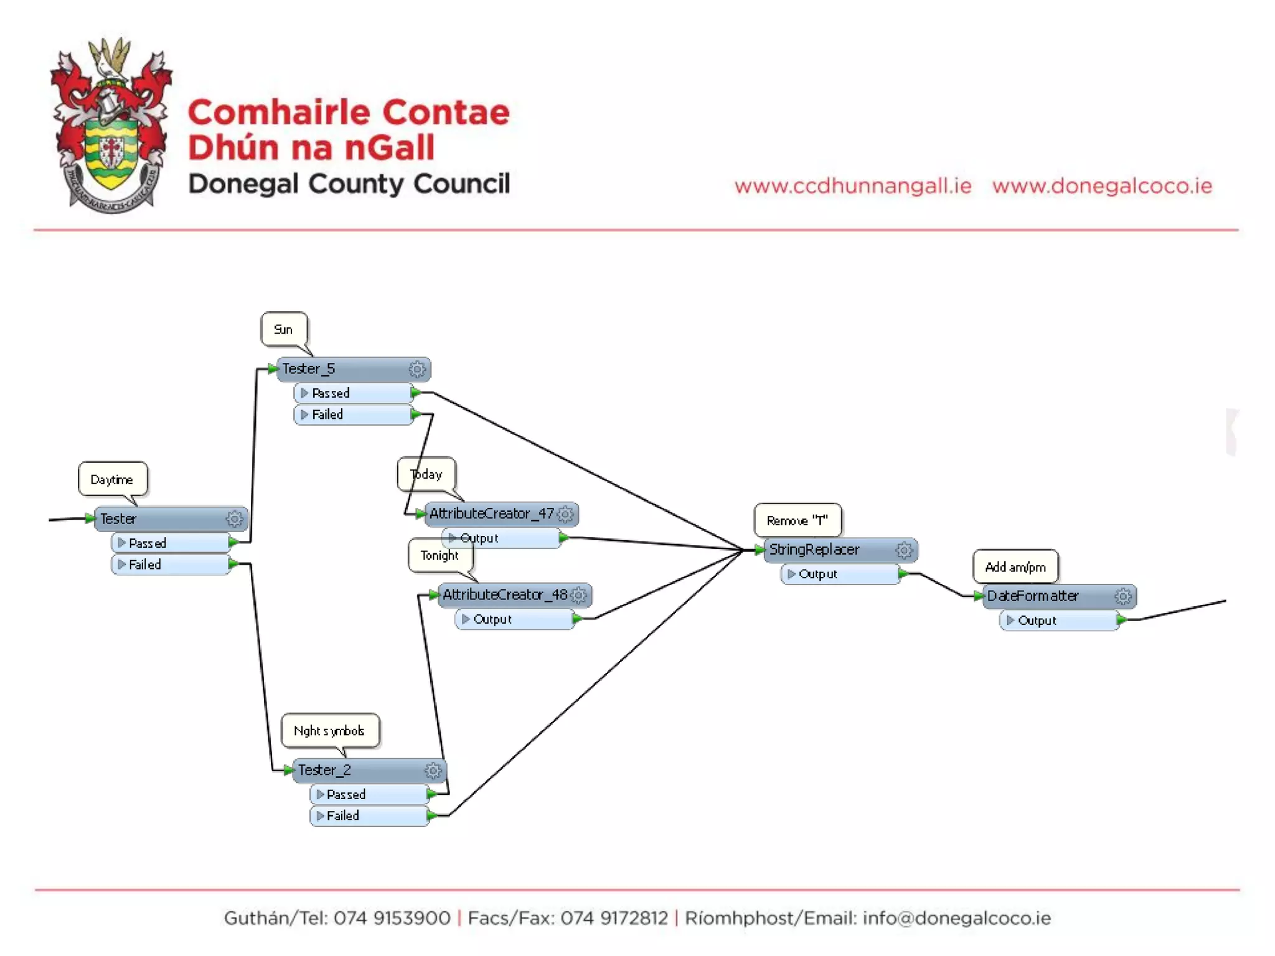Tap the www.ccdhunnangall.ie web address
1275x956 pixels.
click(x=852, y=185)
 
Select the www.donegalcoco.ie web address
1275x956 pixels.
click(x=1102, y=185)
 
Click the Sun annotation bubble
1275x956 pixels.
click(x=283, y=329)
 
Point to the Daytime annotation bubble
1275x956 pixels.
click(x=112, y=479)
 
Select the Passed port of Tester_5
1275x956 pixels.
click(x=352, y=393)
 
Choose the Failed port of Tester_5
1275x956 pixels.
click(x=352, y=415)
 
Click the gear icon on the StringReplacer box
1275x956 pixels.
click(x=904, y=550)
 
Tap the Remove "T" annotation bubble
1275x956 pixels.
click(x=797, y=520)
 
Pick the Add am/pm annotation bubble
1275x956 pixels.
click(x=1015, y=567)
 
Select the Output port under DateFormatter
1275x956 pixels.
click(x=1058, y=621)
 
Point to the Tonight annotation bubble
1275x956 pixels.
click(x=440, y=555)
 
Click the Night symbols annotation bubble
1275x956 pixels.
click(x=329, y=731)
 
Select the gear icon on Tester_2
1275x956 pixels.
click(x=433, y=771)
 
